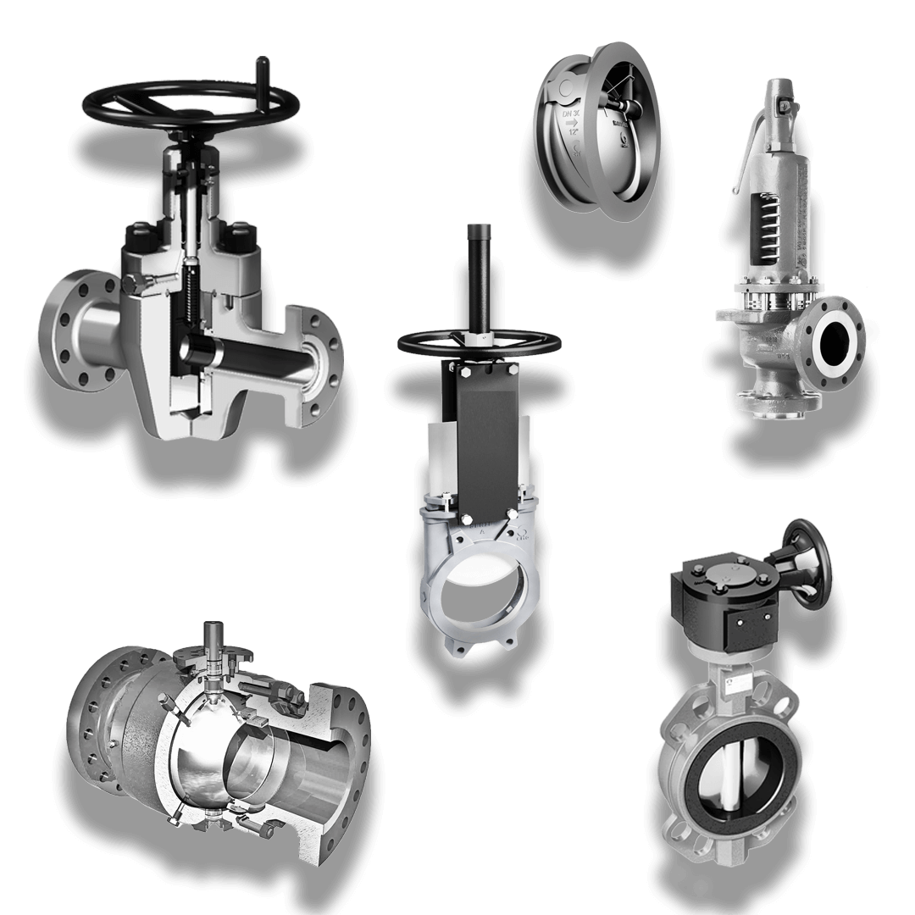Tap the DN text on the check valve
(x=569, y=109)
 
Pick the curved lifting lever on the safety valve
(x=741, y=160)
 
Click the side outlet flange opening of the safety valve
(x=835, y=341)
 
